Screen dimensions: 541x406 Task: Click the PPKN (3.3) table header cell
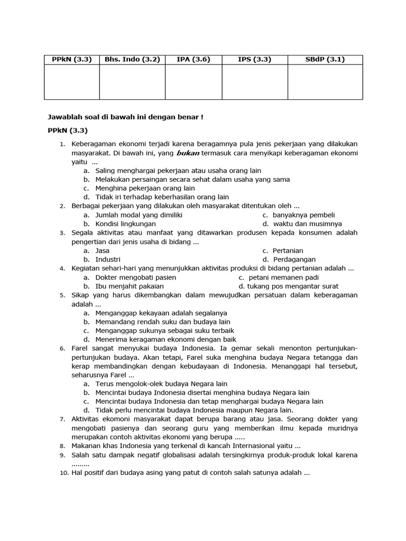71,59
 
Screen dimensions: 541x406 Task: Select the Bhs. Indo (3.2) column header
132,59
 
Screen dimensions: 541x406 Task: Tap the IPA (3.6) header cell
193,59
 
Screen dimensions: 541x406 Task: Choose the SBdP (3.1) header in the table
325,59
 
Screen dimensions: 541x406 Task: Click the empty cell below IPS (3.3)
254,81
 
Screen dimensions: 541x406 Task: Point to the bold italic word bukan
187,153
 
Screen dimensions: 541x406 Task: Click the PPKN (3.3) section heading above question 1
66,130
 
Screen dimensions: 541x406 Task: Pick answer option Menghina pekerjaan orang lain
145,188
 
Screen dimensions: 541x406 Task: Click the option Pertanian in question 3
288,250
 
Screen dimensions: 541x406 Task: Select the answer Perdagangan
294,259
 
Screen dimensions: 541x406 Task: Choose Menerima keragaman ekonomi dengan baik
165,339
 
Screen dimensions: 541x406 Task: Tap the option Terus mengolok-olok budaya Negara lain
161,384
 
